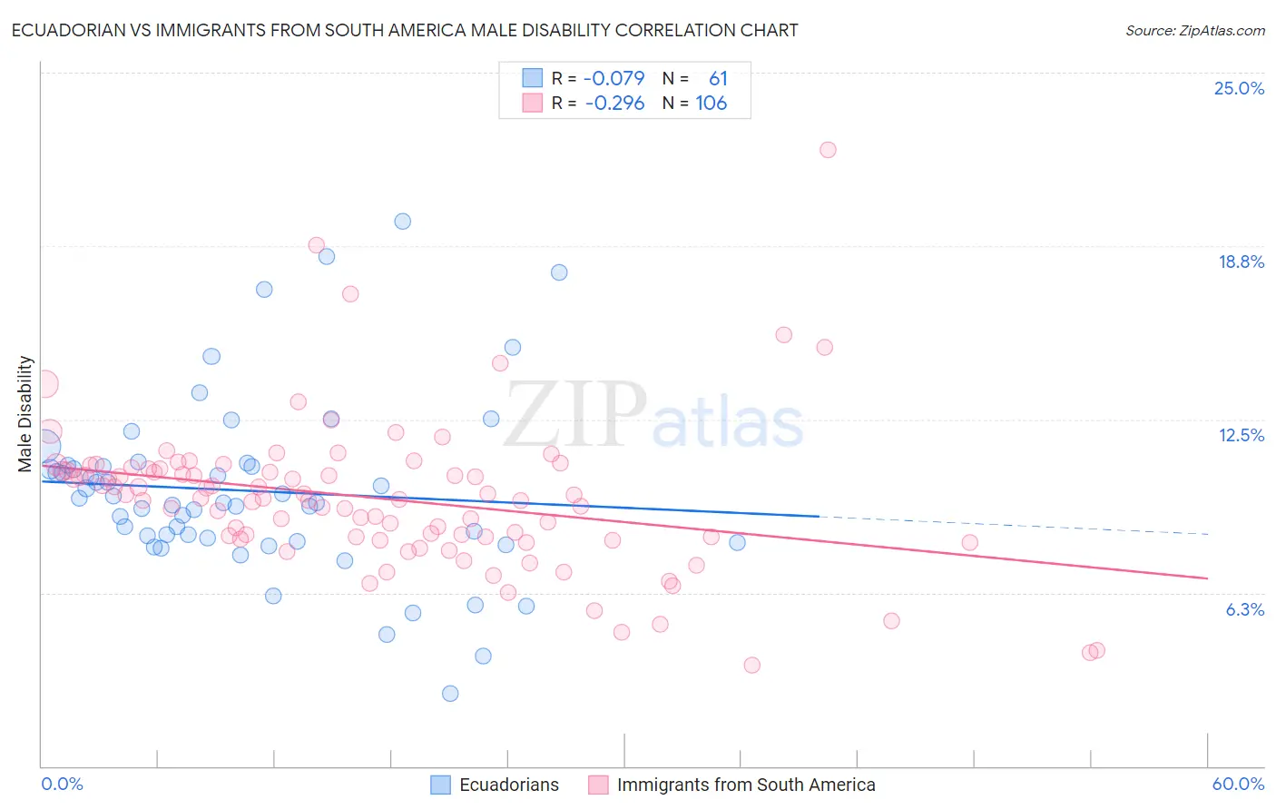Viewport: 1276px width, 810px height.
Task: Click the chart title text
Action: pyautogui.click(x=405, y=30)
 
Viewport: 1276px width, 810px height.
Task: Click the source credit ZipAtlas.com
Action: pyautogui.click(x=1194, y=30)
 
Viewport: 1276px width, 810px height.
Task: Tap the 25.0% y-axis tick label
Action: pyautogui.click(x=1239, y=88)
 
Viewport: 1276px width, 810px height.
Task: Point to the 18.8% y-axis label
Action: pyautogui.click(x=1241, y=262)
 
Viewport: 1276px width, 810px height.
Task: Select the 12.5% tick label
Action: pyautogui.click(x=1241, y=435)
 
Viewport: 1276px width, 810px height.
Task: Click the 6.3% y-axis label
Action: pyautogui.click(x=1244, y=609)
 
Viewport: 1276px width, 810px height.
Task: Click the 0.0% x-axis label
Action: pyautogui.click(x=62, y=784)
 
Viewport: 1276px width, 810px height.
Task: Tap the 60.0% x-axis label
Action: pyautogui.click(x=1238, y=784)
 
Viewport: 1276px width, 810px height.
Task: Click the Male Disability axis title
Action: pyautogui.click(x=25, y=414)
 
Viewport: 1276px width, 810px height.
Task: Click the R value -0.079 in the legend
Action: pyautogui.click(x=614, y=78)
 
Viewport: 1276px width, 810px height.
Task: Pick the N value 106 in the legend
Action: pyautogui.click(x=712, y=103)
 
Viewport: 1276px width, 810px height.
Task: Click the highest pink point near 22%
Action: pyautogui.click(x=828, y=150)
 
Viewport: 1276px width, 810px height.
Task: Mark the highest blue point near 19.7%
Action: pyautogui.click(x=402, y=222)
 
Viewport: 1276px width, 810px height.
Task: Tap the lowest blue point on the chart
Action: pyautogui.click(x=450, y=694)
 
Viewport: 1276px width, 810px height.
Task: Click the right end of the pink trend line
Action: pyautogui.click(x=1207, y=578)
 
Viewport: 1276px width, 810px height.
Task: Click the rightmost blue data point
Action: pyautogui.click(x=737, y=542)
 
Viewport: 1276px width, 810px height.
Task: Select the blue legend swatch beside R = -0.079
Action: pyautogui.click(x=532, y=78)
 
